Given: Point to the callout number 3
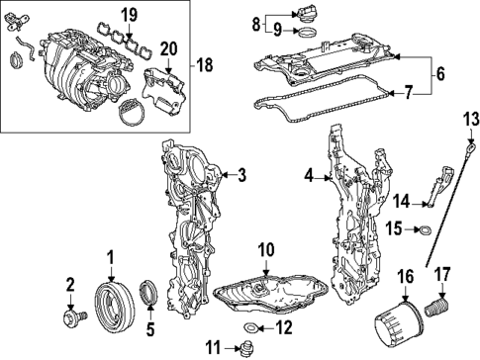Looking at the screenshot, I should pos(241,177).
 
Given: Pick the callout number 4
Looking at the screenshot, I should pos(310,178).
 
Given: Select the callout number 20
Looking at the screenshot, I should pos(168,48).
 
